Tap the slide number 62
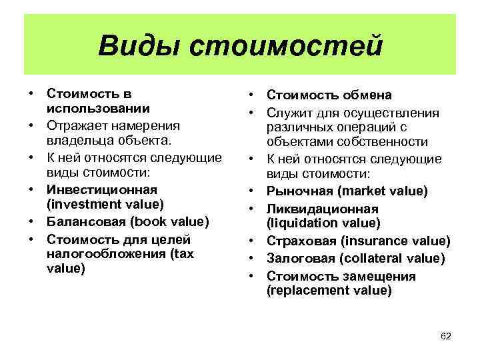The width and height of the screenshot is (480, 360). coord(446,336)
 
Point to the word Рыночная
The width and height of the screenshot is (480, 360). coord(299,191)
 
